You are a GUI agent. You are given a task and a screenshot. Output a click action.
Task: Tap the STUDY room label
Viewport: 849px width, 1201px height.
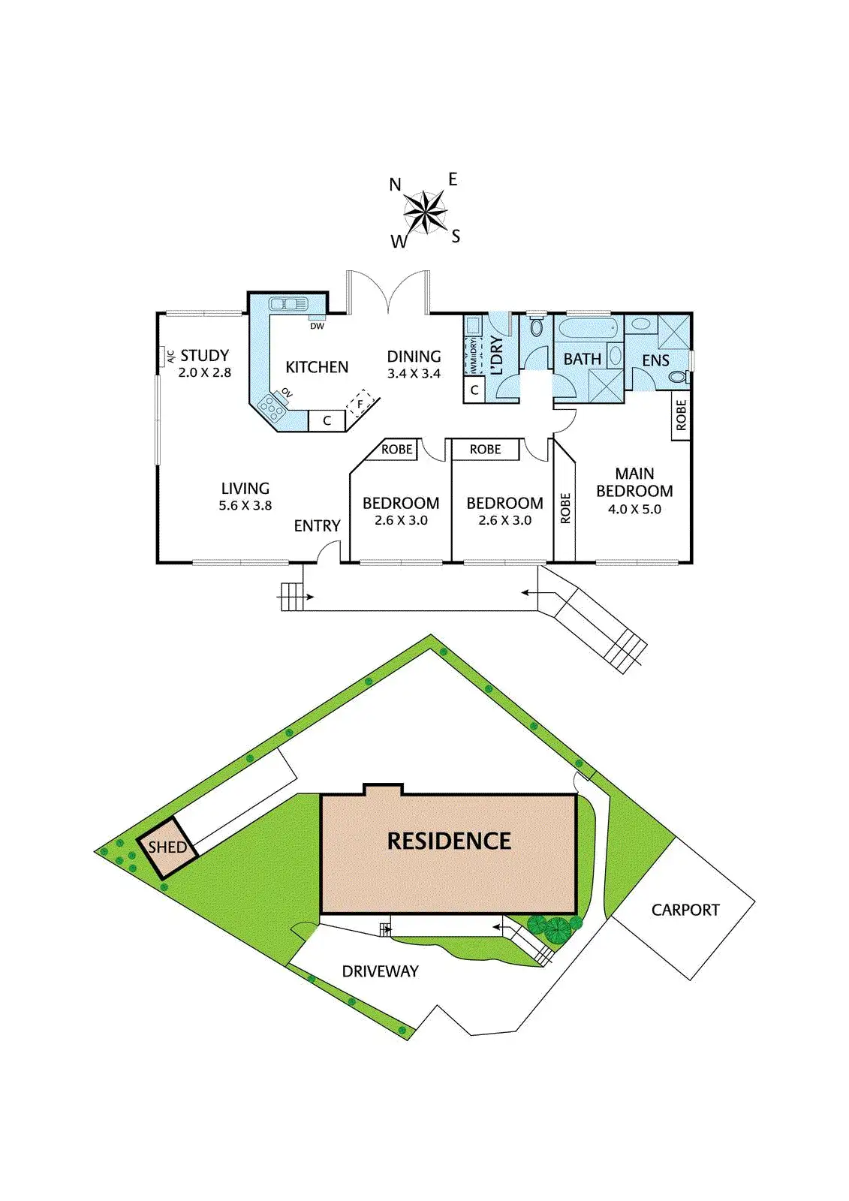204,355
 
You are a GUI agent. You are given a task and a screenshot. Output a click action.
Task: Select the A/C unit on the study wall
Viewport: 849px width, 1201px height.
162,356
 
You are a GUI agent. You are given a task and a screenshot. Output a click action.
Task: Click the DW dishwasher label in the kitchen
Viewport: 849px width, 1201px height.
317,327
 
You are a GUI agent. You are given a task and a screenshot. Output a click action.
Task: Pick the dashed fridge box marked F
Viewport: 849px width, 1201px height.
360,403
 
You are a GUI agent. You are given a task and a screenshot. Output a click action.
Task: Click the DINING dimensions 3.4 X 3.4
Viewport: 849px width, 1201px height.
414,374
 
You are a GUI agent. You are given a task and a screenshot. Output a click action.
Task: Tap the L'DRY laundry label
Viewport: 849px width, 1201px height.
496,355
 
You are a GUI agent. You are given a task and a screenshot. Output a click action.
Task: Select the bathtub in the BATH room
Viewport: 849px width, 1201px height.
588,328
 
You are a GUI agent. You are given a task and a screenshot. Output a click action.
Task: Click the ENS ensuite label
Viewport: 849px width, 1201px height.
655,360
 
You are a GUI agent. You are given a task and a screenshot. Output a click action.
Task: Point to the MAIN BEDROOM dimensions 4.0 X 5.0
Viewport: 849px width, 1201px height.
634,509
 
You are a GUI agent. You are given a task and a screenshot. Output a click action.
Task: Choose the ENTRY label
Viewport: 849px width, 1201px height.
317,525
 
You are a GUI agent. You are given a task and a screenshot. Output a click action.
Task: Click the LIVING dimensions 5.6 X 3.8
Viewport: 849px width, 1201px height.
245,506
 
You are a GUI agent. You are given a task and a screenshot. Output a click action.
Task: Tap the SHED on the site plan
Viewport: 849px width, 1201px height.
167,847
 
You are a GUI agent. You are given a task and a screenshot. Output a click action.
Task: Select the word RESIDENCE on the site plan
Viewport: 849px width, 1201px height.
449,841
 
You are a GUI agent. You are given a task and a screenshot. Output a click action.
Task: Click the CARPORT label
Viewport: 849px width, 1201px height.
685,910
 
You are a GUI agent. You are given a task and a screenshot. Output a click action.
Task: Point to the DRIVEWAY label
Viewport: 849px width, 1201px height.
380,971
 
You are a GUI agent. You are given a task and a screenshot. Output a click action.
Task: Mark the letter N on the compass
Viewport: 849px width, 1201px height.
396,185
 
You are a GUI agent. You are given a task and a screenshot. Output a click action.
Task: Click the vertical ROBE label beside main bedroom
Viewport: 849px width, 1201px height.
565,508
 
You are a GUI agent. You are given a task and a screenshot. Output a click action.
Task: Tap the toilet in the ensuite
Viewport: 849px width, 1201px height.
679,377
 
